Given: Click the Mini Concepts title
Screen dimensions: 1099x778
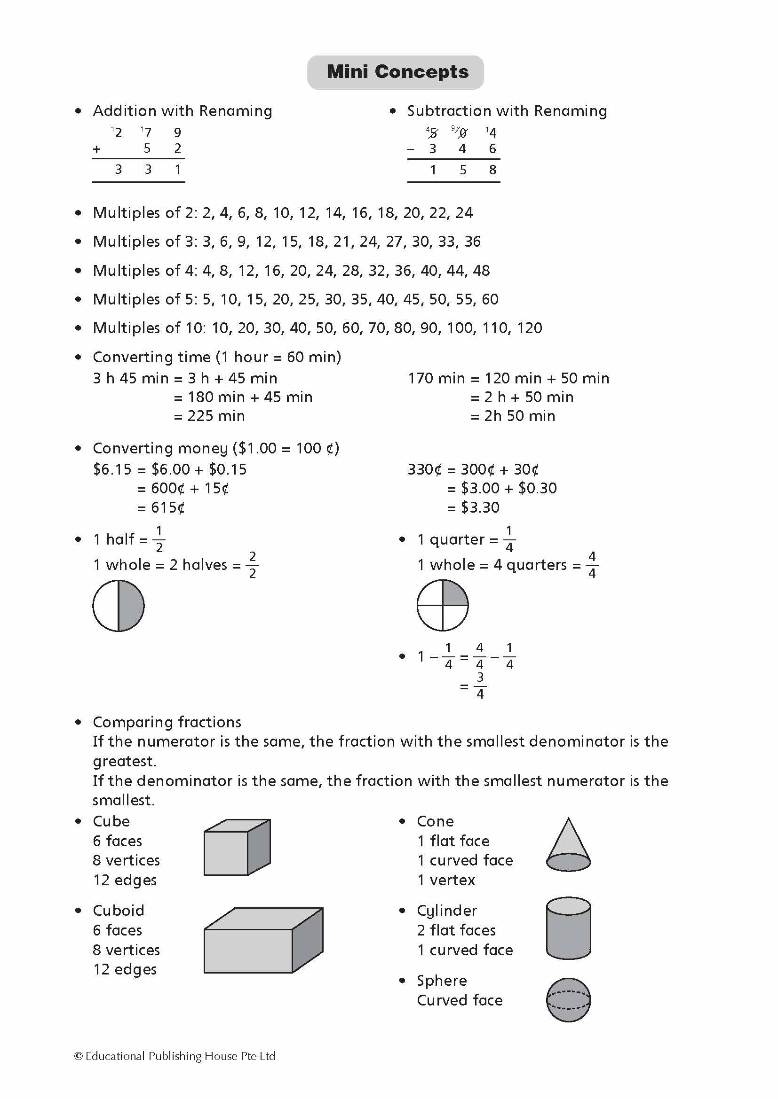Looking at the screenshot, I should pyautogui.click(x=397, y=72).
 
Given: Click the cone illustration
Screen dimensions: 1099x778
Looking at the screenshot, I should pyautogui.click(x=568, y=845).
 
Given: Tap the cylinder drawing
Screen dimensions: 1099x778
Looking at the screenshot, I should pyautogui.click(x=568, y=928).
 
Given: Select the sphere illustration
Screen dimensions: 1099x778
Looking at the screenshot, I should pyautogui.click(x=568, y=1000).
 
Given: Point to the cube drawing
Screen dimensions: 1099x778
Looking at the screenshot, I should pyautogui.click(x=237, y=847).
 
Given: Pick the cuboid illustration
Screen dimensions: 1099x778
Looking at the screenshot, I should pyautogui.click(x=263, y=941).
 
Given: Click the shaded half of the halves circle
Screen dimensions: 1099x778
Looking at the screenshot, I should pyautogui.click(x=131, y=606).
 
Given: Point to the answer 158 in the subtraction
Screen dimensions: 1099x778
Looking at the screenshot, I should pyautogui.click(x=462, y=170).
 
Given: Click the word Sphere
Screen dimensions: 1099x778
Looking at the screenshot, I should pyautogui.click(x=441, y=980).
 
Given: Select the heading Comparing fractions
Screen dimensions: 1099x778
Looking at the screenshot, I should pyautogui.click(x=167, y=722).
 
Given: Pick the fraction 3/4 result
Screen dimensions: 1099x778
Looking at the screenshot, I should pyautogui.click(x=479, y=686).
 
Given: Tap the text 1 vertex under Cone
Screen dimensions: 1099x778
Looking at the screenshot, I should pyautogui.click(x=446, y=880).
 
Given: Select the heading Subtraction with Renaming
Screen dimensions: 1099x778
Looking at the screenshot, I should pyautogui.click(x=507, y=111).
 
